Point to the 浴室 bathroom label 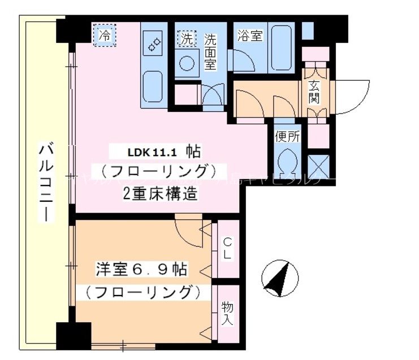click(x=250, y=36)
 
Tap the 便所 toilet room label click(x=288, y=137)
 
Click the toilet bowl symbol click(x=288, y=160)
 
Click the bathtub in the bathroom click(x=281, y=49)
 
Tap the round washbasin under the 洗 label click(x=187, y=63)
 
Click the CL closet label click(x=227, y=249)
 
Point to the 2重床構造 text click(x=161, y=193)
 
